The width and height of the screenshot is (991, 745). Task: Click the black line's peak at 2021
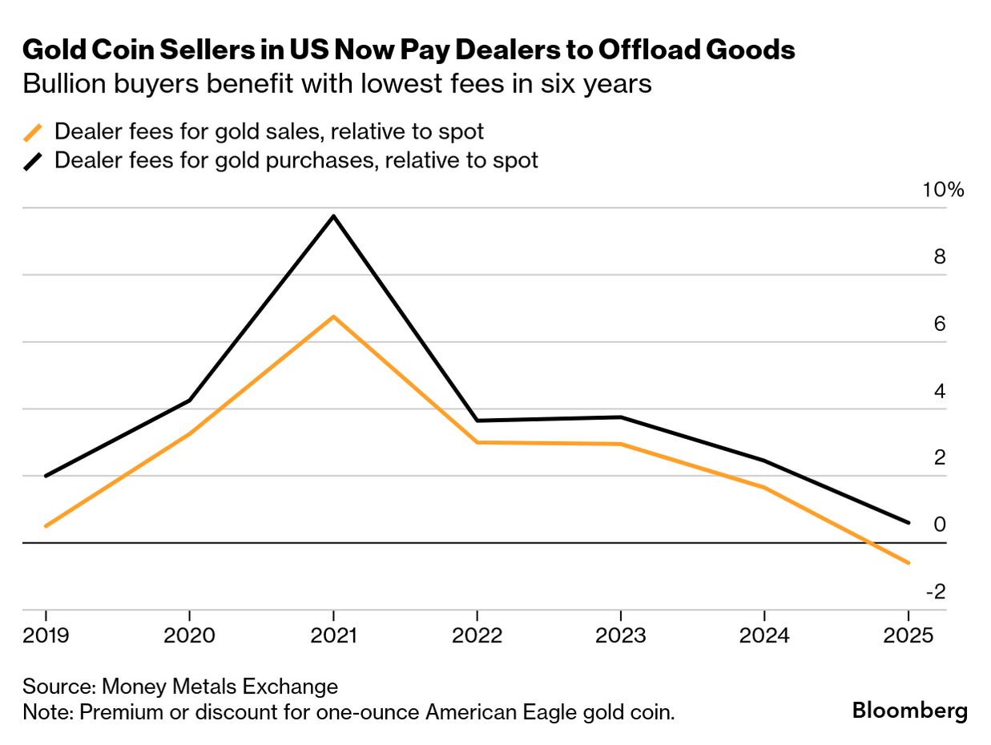[x=333, y=215]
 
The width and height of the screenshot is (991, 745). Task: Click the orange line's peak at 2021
[x=333, y=316]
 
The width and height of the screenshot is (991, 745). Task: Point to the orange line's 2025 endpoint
[x=908, y=563]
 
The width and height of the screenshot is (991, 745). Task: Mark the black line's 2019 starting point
[x=46, y=476]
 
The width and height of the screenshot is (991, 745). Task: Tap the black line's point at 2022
[x=477, y=421]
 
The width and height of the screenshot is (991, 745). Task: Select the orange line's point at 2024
[x=764, y=487]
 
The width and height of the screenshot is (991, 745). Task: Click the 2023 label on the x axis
[x=621, y=636]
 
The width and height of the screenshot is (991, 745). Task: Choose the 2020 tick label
[x=189, y=636]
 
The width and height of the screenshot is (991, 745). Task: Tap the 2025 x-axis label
[x=908, y=636]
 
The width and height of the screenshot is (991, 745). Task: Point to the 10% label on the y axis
[x=945, y=190]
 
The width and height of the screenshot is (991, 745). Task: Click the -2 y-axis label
[x=936, y=591]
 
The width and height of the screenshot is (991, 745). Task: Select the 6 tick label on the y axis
[x=939, y=324]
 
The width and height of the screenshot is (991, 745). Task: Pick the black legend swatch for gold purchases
[x=33, y=161]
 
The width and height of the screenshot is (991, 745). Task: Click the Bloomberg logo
[x=909, y=710]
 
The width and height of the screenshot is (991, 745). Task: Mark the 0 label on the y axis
[x=939, y=524]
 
